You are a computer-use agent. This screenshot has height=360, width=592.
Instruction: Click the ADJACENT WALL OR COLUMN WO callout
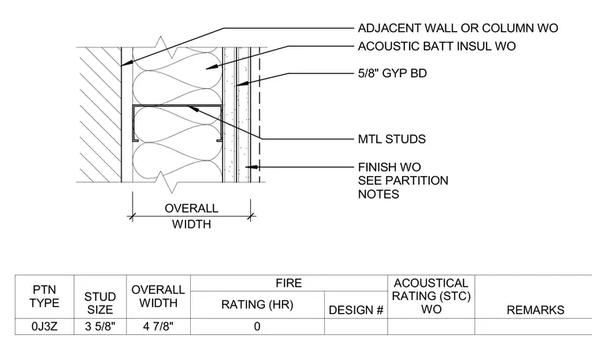457,28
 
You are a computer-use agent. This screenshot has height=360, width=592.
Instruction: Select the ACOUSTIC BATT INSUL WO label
437,46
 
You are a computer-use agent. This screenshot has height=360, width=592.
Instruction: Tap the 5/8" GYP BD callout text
393,73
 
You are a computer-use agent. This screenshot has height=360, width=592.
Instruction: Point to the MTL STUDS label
392,139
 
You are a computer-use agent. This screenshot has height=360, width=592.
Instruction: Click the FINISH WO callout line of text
389,167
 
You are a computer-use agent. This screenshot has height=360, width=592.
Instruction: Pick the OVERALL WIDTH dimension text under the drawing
192,216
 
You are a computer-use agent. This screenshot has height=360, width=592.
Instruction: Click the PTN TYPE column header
44,296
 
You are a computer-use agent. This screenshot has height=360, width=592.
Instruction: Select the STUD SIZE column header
100,303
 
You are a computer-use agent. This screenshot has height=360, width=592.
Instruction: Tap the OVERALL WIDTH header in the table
158,296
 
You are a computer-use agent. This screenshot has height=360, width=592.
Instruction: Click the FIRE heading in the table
289,283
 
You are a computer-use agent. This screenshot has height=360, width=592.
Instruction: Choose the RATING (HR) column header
257,304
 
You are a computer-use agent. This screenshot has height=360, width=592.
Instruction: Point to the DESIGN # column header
356,310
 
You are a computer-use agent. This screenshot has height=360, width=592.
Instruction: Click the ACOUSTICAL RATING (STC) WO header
432,296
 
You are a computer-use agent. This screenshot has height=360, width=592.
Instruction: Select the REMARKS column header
535,310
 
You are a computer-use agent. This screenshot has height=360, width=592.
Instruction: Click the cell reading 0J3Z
44,326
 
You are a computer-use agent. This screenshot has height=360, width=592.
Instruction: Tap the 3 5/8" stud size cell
100,326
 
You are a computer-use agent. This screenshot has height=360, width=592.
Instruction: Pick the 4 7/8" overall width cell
158,326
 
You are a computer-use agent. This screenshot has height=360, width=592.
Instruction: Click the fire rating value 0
257,326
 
